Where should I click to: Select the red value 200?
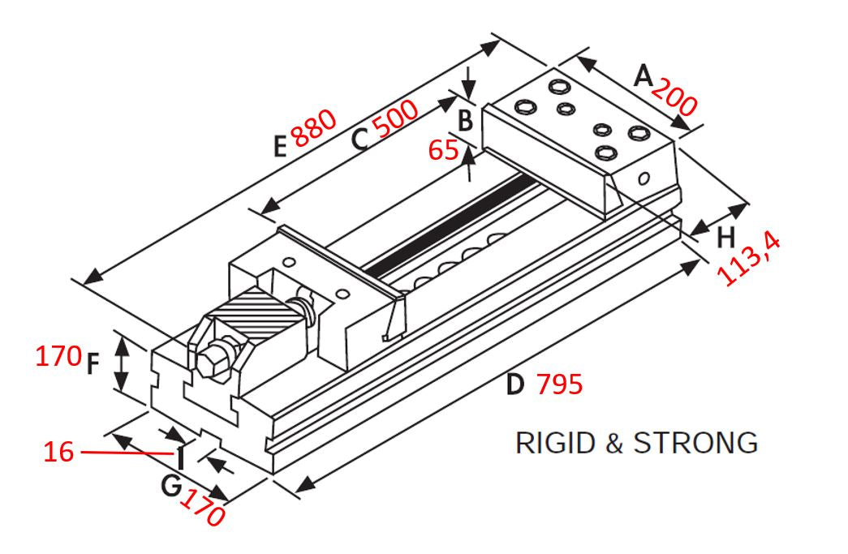coord(674,97)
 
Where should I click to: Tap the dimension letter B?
coord(465,120)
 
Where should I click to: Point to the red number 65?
coord(444,150)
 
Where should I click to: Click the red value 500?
coord(395,122)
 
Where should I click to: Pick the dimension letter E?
coord(280,146)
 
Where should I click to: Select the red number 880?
coord(314,127)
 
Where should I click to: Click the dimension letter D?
coord(515,384)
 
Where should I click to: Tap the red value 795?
coord(560,384)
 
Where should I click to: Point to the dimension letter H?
coord(726,236)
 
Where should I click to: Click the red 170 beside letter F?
coord(58,355)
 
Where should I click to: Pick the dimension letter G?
coord(170,486)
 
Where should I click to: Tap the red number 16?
coord(58,453)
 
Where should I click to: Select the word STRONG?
coord(695,443)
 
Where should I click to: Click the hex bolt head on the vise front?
coord(213,363)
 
